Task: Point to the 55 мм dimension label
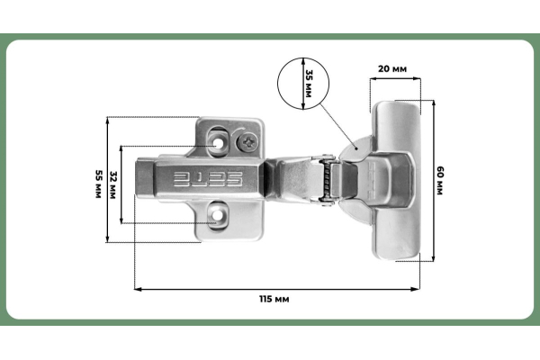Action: point(98,180)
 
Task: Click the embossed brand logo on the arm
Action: point(209,177)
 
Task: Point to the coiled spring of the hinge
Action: point(328,181)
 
